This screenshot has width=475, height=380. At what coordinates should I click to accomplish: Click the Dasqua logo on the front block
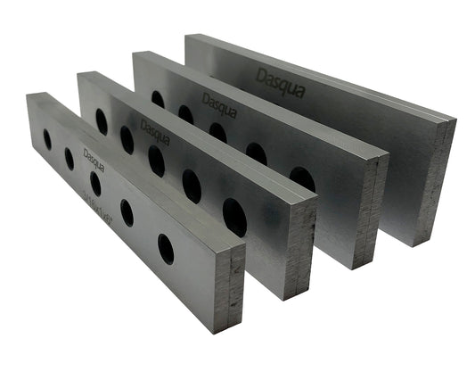click(x=94, y=159)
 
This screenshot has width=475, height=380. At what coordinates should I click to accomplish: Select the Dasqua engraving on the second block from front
click(x=155, y=133)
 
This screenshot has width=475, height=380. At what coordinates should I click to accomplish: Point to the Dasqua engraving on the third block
click(x=219, y=102)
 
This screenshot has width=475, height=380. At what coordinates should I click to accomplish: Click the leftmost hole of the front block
click(x=47, y=138)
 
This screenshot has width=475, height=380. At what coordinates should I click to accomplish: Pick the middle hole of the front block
click(x=95, y=183)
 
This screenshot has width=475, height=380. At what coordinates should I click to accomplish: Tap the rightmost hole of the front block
click(x=166, y=248)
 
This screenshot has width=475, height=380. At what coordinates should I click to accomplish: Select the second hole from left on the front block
click(x=70, y=159)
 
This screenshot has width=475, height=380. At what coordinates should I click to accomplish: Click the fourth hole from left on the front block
click(x=127, y=212)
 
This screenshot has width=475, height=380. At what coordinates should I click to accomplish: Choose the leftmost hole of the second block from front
click(x=102, y=121)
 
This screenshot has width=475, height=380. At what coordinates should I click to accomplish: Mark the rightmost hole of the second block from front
click(x=234, y=217)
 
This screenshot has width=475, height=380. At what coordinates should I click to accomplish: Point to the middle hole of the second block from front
click(x=156, y=161)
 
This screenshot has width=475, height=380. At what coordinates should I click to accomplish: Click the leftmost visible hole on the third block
click(x=158, y=98)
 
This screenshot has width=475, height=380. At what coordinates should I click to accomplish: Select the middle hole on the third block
click(x=217, y=132)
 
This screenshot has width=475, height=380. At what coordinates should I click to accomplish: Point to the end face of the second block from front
click(x=300, y=247)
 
